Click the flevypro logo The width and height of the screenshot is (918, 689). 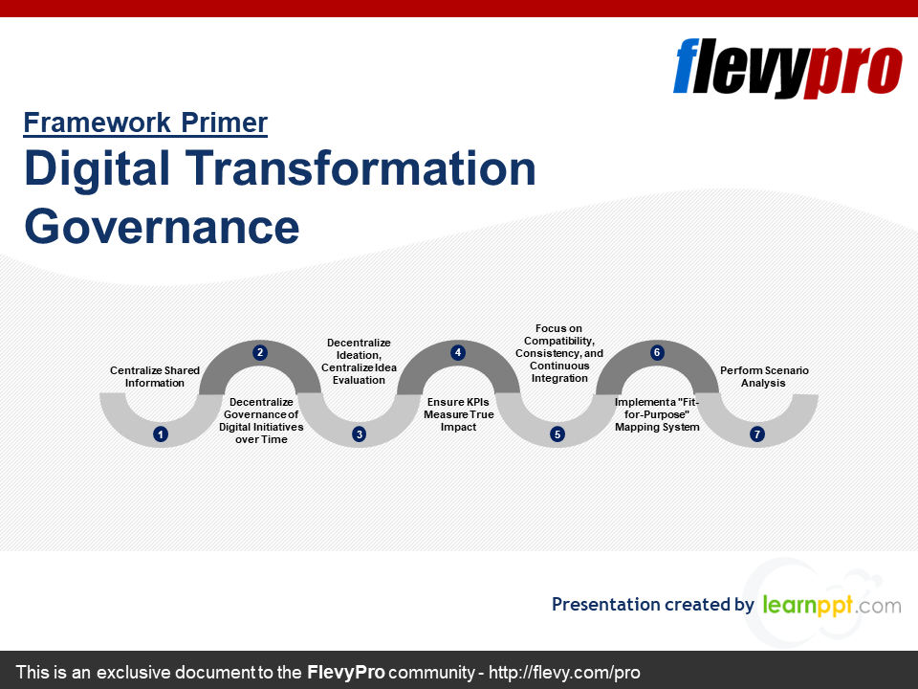787,67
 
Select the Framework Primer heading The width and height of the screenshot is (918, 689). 145,123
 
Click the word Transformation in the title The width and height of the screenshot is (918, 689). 361,168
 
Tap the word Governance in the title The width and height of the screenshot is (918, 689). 162,227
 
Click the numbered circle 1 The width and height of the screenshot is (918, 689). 161,434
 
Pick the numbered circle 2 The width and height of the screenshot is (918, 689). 260,352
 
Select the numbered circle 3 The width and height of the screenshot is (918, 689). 359,434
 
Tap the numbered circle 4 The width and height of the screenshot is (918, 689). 458,352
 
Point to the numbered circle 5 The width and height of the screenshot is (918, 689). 557,434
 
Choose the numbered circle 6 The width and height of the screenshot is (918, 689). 657,352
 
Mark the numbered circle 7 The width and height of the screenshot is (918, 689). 757,434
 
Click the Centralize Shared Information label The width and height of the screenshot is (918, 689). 155,377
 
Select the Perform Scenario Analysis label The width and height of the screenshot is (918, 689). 764,377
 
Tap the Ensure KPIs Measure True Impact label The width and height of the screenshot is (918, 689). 458,414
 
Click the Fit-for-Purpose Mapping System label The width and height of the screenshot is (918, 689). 657,414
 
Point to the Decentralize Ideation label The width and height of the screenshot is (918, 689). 359,361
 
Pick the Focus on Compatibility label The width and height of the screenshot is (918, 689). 559,353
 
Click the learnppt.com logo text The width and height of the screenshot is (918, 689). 832,605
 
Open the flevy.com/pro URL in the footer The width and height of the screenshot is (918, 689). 564,672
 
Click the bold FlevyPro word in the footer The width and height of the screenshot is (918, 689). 345,672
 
